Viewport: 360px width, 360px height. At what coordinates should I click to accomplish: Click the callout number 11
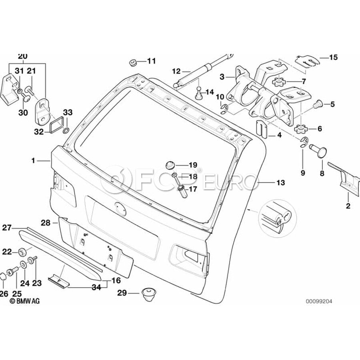click(152, 61)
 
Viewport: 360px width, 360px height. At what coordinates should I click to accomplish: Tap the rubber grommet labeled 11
click(133, 62)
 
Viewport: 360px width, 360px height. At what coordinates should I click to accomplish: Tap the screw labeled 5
click(318, 104)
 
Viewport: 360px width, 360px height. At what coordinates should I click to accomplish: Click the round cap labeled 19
click(170, 165)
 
